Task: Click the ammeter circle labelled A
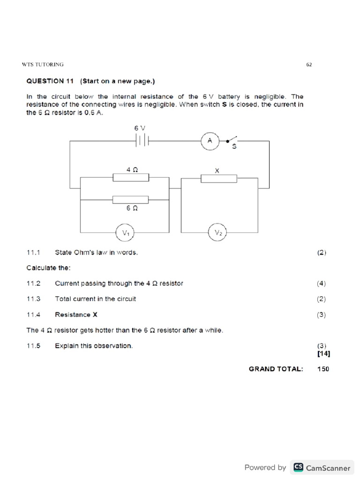pos(210,140)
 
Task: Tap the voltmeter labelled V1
pos(125,232)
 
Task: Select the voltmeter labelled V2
pos(218,232)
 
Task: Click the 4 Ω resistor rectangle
pos(131,178)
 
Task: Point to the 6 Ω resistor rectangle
pos(131,200)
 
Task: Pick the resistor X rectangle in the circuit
pos(218,178)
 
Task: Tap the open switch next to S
pos(232,139)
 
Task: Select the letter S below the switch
pos(234,147)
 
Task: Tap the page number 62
pos(309,65)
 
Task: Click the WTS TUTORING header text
pos(43,64)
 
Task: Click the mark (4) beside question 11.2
pos(321,283)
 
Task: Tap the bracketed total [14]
pos(323,354)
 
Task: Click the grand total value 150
pos(323,369)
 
